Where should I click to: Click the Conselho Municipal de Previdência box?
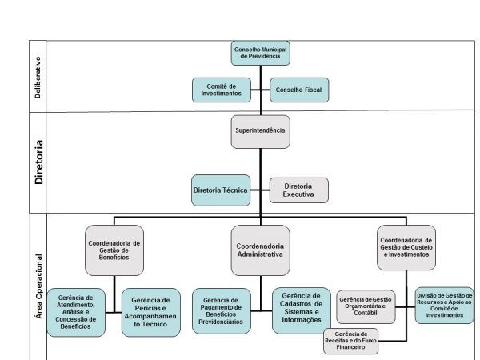pos(261,54)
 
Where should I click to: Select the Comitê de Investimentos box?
pos(220,89)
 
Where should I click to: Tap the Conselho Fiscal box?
pos(299,90)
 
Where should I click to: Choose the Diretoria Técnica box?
pos(220,190)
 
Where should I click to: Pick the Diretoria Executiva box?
pos(298,190)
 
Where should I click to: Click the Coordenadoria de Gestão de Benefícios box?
pos(113,250)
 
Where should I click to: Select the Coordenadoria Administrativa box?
pos(260,250)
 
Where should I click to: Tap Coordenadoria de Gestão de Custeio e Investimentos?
pos(406,248)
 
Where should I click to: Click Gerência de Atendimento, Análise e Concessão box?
pos(76,311)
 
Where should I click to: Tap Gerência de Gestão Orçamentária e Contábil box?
pos(366,305)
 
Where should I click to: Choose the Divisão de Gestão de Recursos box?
pos(444,305)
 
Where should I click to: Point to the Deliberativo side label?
pos(38,78)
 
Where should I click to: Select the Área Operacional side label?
pos(38,287)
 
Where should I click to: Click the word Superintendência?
pos(260,129)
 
